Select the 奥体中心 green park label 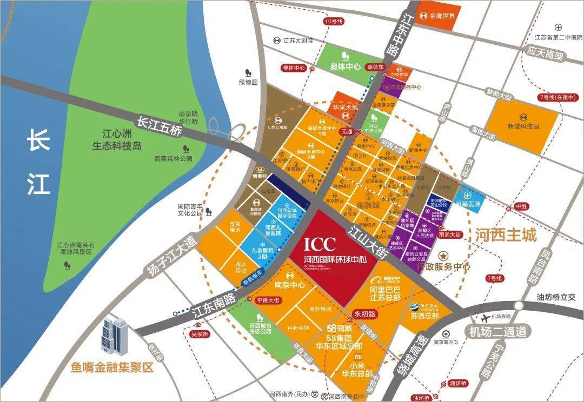pyautogui.click(x=346, y=67)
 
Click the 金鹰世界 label pyautogui.click(x=442, y=16)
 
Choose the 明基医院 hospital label pyautogui.click(x=468, y=204)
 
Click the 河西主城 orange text pyautogui.click(x=506, y=235)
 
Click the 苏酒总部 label pyautogui.click(x=425, y=314)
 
